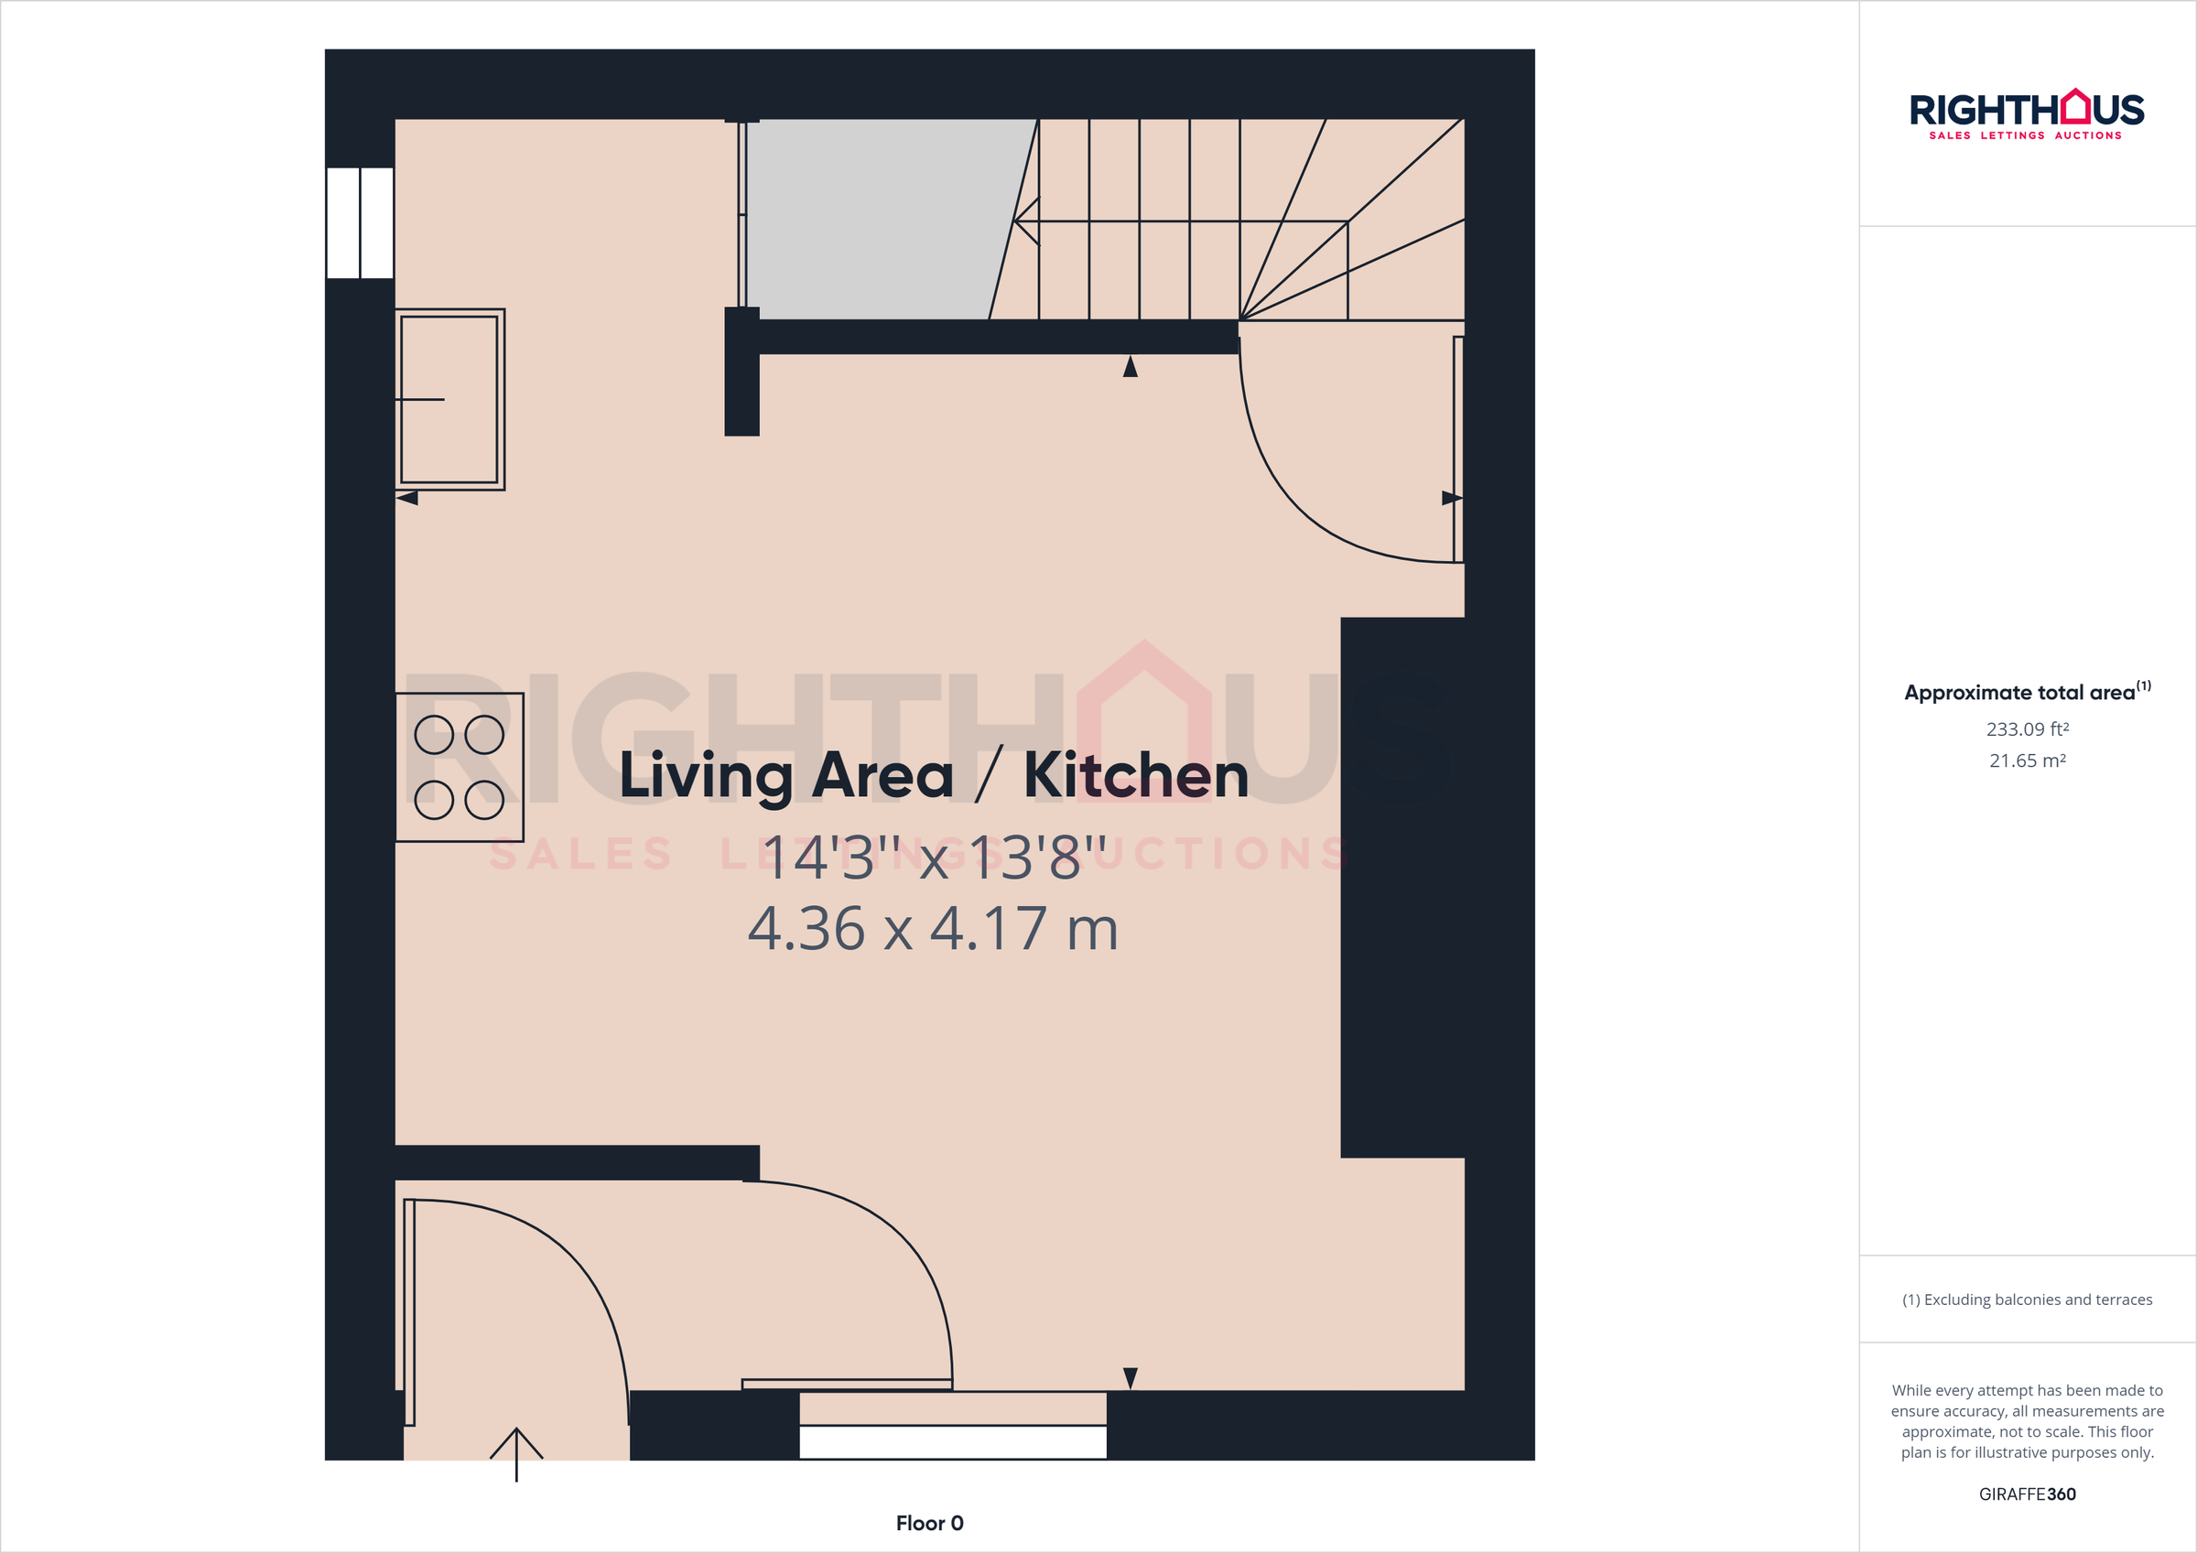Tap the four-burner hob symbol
click(x=460, y=768)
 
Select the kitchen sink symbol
click(x=449, y=399)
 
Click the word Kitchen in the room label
click(x=1136, y=775)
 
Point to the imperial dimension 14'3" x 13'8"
click(x=934, y=857)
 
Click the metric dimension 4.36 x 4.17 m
click(x=933, y=929)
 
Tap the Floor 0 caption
click(x=929, y=1524)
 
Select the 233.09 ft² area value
click(x=2027, y=729)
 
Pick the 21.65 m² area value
click(x=2027, y=760)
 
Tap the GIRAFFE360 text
click(x=2027, y=1494)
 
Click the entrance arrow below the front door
click(x=516, y=1452)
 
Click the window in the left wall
click(x=360, y=223)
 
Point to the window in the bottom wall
click(x=952, y=1441)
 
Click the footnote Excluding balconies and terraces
click(x=2027, y=1300)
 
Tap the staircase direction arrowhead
click(x=1026, y=221)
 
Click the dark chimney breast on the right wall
click(x=1402, y=887)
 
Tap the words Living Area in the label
click(x=786, y=775)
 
